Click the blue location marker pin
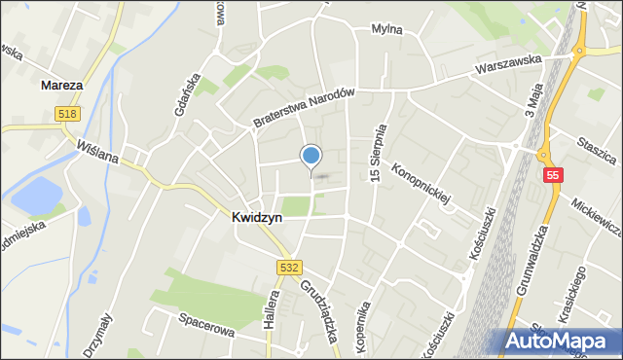(311, 156)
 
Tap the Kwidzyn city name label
(257, 218)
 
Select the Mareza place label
(61, 86)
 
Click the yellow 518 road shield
(67, 114)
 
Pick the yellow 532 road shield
(288, 267)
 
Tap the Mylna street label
(386, 29)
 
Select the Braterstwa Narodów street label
(301, 108)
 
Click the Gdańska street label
(187, 94)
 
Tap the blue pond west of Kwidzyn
(36, 196)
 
